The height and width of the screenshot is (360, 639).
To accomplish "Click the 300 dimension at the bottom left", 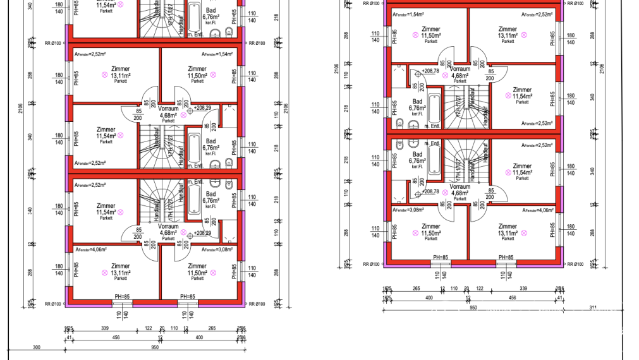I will click(x=36, y=347).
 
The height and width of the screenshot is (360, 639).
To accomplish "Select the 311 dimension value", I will click(x=592, y=307).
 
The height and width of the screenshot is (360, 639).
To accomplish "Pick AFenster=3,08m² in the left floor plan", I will click(x=217, y=249).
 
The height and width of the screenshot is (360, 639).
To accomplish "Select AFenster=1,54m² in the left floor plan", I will click(x=217, y=54).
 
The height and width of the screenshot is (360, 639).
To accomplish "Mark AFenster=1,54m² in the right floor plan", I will click(x=408, y=14).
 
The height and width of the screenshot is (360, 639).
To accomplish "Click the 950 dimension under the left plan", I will click(x=155, y=347).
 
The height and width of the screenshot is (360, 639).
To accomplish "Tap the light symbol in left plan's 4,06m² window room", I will click(x=104, y=272).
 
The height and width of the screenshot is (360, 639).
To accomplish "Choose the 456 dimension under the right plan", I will click(x=512, y=297).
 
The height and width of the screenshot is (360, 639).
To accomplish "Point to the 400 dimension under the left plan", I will click(x=198, y=338).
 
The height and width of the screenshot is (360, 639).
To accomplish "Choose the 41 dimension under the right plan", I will click(x=559, y=297).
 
